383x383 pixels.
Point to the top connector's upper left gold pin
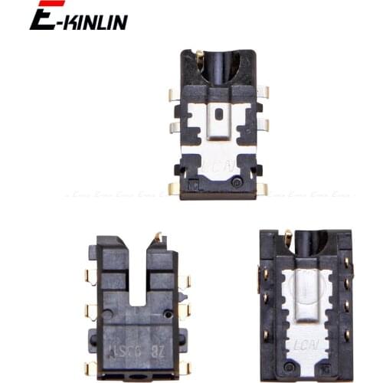(x=175, y=94)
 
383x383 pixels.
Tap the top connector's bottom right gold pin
(x=261, y=188)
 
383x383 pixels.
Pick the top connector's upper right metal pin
(x=263, y=93)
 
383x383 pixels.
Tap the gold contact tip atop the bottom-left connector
(x=159, y=238)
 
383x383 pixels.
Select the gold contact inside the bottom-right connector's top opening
(x=288, y=239)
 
